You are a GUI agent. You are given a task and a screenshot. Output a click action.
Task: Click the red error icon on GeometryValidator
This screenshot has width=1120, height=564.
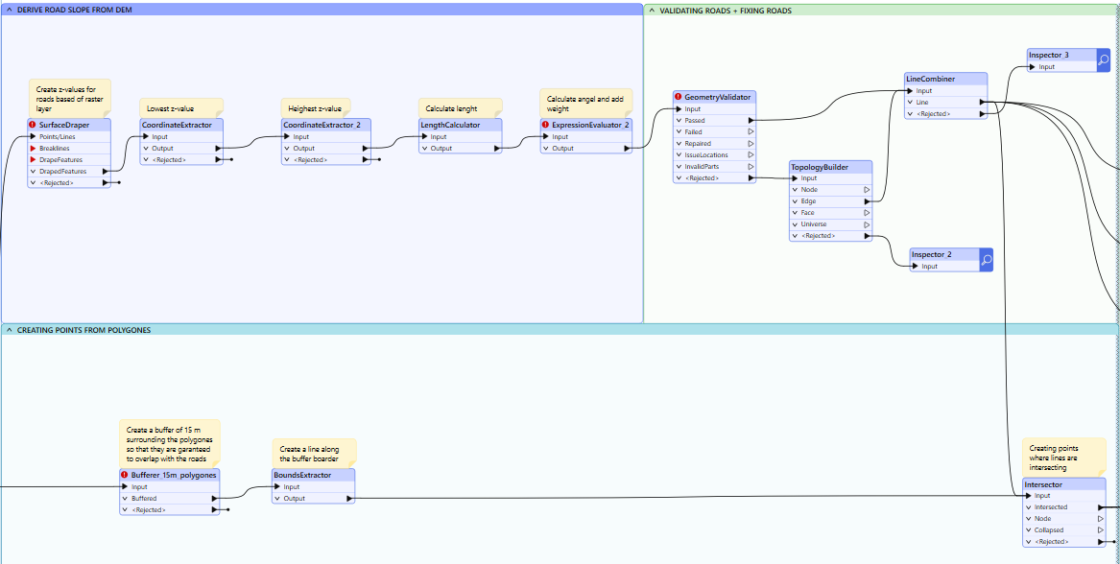[679, 97]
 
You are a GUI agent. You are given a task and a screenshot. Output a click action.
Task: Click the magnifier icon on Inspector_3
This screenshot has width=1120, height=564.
[1103, 60]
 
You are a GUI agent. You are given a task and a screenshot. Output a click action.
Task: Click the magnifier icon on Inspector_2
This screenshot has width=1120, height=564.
[986, 260]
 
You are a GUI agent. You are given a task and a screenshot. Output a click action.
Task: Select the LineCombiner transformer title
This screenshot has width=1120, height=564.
[930, 80]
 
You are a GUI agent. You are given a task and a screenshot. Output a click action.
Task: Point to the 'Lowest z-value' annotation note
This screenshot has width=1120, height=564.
[181, 107]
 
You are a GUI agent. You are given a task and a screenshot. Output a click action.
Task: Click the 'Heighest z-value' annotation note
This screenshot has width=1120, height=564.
[316, 107]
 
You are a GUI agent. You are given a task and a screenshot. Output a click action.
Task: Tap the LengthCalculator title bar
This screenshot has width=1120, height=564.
[460, 125]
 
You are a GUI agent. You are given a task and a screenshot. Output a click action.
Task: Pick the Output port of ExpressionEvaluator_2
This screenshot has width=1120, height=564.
[586, 149]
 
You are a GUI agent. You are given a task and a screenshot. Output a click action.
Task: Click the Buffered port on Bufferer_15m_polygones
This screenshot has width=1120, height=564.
[170, 499]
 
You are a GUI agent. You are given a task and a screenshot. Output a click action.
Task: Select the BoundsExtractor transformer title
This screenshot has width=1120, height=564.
[302, 474]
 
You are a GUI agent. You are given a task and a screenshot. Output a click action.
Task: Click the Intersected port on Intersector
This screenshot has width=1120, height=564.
[1064, 506]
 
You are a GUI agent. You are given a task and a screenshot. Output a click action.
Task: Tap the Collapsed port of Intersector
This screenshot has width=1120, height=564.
[1064, 529]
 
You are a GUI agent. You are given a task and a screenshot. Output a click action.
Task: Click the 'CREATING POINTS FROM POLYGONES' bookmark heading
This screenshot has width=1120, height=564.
[83, 330]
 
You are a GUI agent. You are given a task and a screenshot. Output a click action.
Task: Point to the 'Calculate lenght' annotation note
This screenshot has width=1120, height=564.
[460, 107]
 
